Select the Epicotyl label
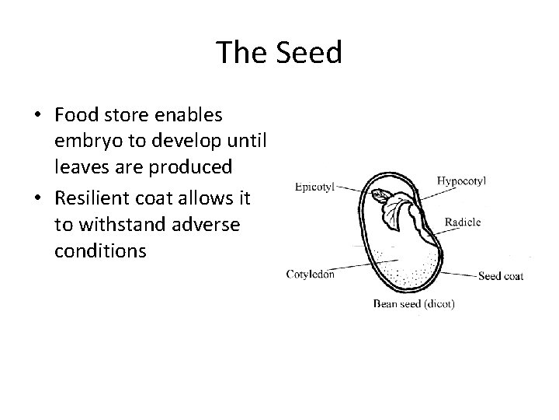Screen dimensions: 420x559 coord(314,187)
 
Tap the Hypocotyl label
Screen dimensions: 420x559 coord(462,180)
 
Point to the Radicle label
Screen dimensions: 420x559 coord(463,222)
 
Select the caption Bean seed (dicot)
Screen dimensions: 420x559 coord(414,303)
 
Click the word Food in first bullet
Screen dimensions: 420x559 coord(75,115)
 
